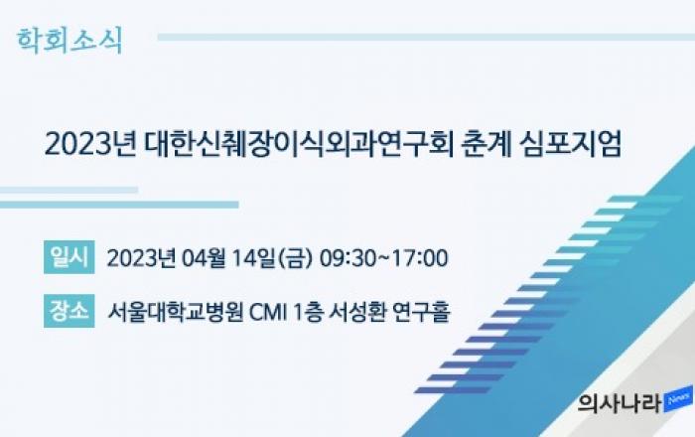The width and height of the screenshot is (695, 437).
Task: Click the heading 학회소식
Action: pyautogui.click(x=69, y=41)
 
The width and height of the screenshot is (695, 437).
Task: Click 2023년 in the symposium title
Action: pyautogui.click(x=90, y=144)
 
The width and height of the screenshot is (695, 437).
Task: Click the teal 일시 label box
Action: pyautogui.click(x=69, y=257)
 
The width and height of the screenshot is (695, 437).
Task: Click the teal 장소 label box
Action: pyautogui.click(x=69, y=311)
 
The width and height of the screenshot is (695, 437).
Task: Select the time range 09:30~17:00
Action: pyautogui.click(x=384, y=258)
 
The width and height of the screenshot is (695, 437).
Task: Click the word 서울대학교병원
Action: pyautogui.click(x=176, y=312)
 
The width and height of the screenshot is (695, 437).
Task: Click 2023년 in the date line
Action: pyautogui.click(x=141, y=258)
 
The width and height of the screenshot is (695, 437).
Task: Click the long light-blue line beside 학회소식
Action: pyautogui.click(x=426, y=37)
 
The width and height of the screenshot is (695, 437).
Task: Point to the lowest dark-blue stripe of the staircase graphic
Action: pyautogui.click(x=452, y=390)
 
